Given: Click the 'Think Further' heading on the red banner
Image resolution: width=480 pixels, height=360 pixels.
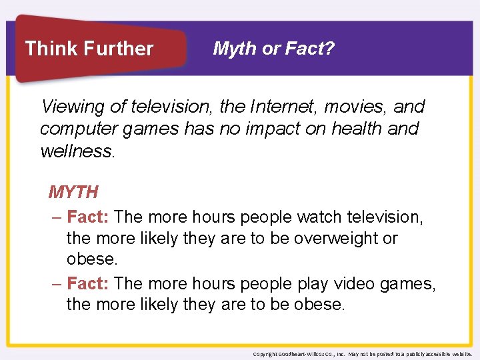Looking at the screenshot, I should pos(89,49).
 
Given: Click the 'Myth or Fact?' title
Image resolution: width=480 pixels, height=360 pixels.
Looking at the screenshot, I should pos(273,48).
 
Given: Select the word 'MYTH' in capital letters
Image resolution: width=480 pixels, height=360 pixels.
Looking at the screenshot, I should pos(73,193).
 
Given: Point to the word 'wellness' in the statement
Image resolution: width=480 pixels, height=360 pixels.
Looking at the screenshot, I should pos(77,151).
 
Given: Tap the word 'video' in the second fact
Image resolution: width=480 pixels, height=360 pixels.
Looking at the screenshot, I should pos(357,283).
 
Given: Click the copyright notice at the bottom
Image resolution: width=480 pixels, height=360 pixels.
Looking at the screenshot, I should pos(363,354).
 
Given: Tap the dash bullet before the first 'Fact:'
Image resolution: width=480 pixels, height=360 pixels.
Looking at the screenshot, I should pos(57,217).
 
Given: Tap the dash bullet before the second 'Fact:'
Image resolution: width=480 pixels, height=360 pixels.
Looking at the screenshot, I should pos(57,284).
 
